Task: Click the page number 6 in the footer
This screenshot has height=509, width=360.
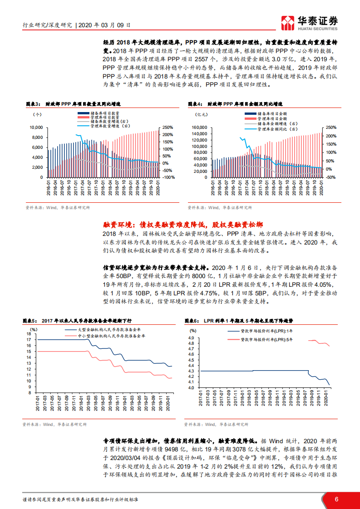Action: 336,499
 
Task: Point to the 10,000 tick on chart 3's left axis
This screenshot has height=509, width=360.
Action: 36,127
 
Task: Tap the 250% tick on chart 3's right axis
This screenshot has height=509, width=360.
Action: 168,127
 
